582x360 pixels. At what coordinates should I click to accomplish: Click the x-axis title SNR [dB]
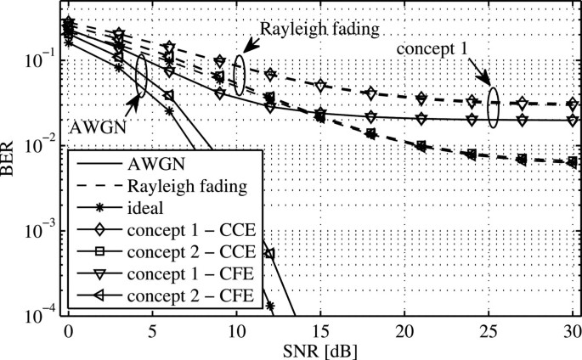[320, 350]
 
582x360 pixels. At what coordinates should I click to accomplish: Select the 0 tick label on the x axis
[68, 329]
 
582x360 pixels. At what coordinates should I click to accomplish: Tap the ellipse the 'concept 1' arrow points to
[493, 107]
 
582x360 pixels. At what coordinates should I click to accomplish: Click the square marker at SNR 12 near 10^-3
[270, 254]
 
